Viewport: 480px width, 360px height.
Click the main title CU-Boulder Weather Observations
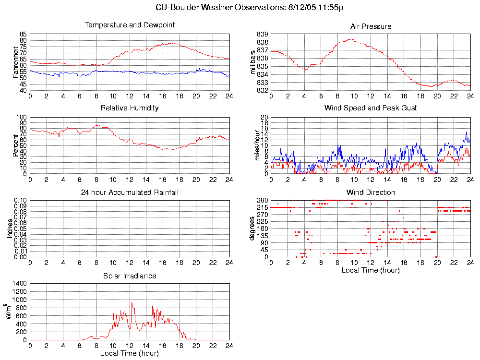tap(250, 8)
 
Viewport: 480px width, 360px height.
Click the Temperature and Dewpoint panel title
tap(130, 25)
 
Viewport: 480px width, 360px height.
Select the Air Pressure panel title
tap(371, 26)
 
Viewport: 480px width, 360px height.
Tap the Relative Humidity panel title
tap(130, 108)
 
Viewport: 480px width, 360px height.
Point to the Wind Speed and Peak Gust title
tap(371, 108)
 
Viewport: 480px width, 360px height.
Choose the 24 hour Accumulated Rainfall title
tap(130, 192)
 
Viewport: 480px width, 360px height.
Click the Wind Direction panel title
tap(371, 192)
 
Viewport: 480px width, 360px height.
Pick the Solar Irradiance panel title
tap(130, 276)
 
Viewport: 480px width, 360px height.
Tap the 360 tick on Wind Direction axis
tap(262, 200)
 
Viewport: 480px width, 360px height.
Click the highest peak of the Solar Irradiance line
tap(132, 302)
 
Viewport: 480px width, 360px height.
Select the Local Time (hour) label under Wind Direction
tap(371, 270)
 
